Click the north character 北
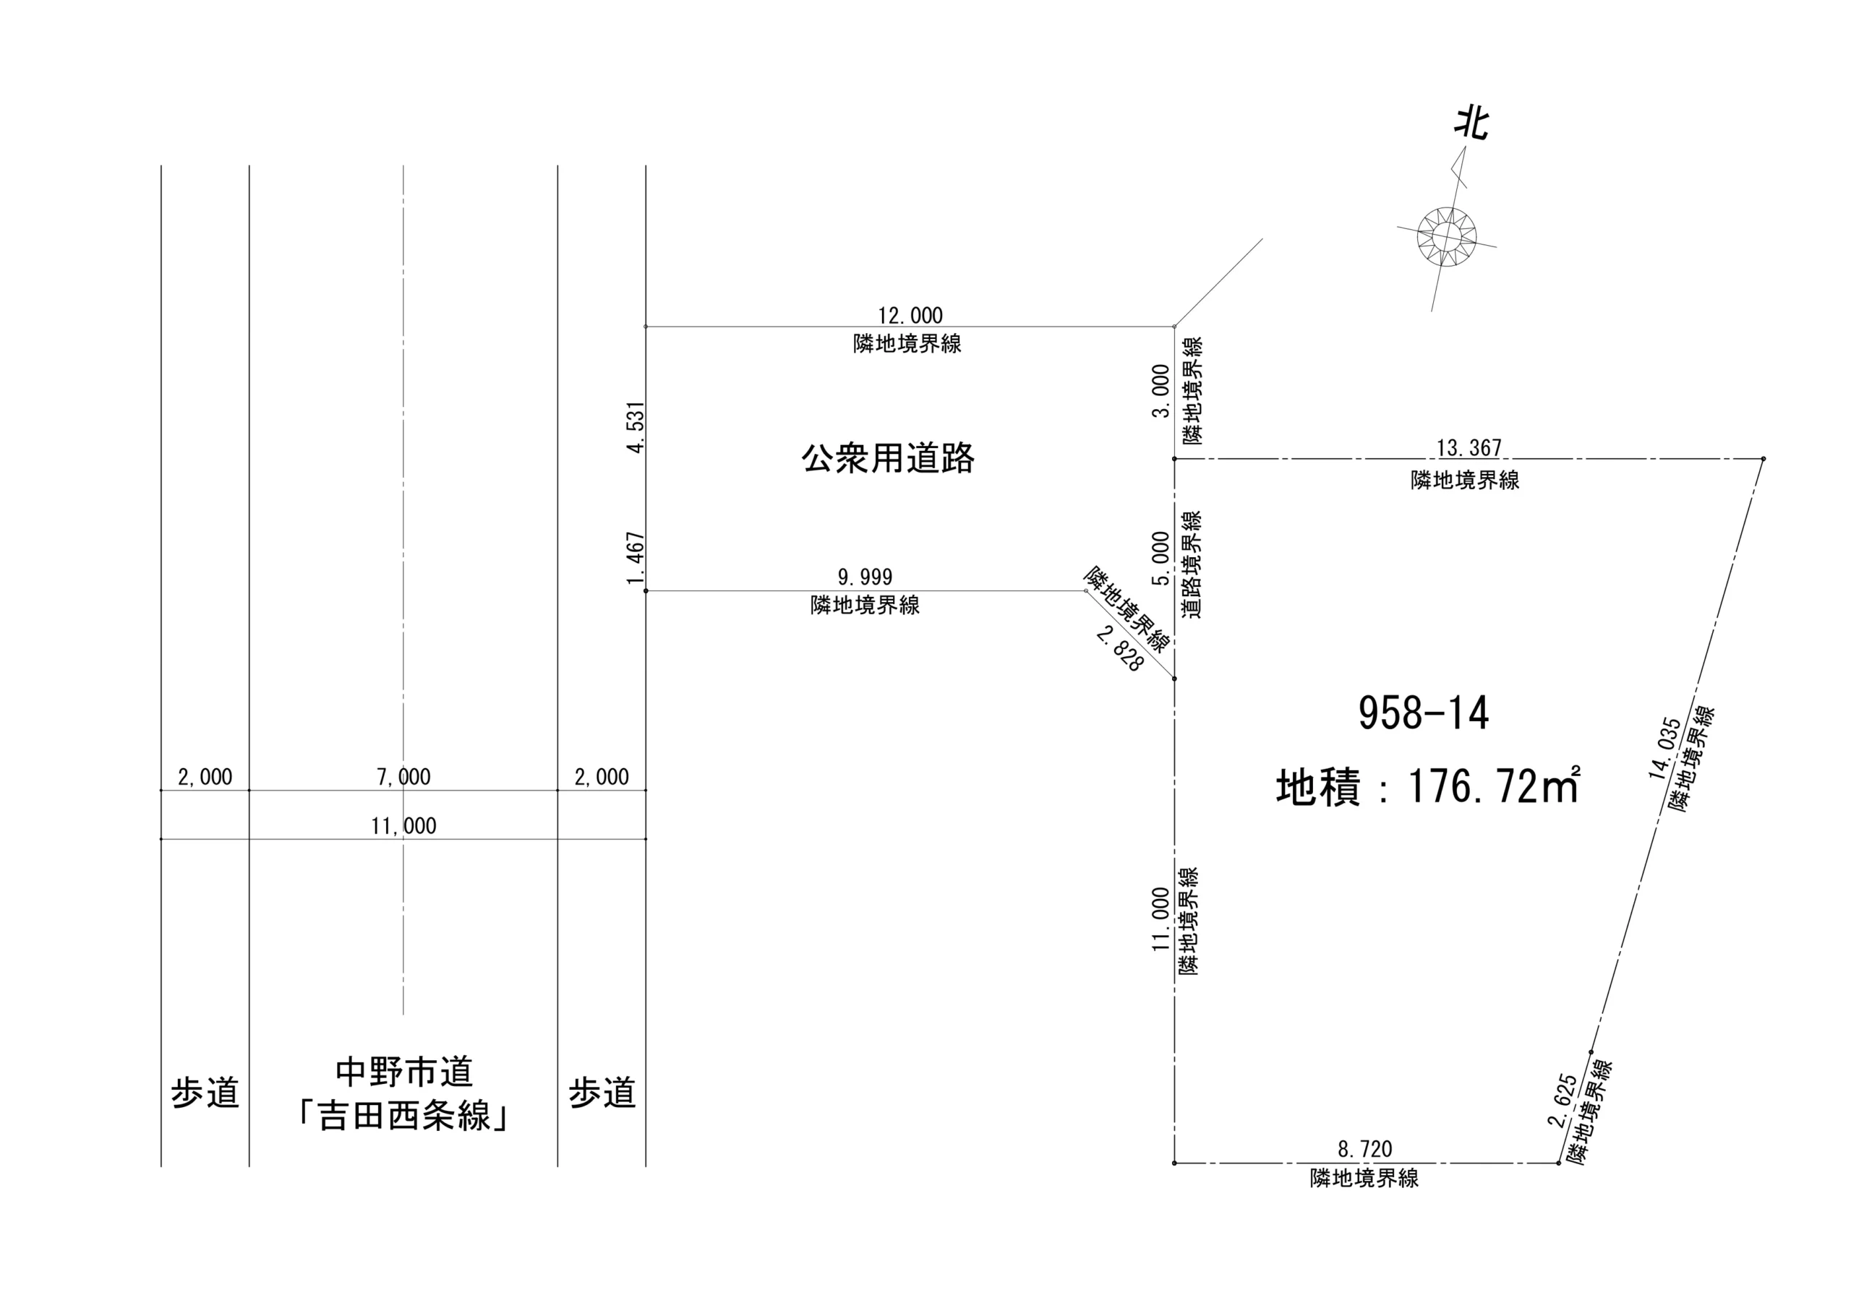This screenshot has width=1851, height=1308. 1471,124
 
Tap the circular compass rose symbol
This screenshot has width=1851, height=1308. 1446,236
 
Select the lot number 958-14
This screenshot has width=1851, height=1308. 1423,713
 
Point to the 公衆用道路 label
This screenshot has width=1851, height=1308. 888,459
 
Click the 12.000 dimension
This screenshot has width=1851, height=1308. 910,315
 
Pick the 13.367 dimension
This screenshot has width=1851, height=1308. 1469,447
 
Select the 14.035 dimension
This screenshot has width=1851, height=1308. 1663,748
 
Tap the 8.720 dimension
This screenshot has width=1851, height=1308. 1365,1148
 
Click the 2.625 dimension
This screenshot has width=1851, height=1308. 1562,1100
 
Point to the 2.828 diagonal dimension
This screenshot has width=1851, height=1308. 1120,649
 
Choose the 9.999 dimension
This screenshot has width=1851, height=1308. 865,577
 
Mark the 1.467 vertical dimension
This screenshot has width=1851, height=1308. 636,559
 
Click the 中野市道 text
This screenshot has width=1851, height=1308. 404,1072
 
